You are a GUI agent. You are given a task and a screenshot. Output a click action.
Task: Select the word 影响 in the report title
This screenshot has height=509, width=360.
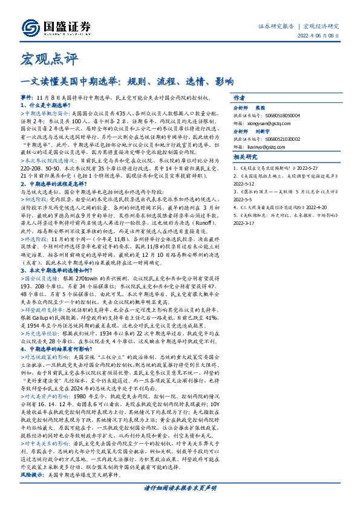click(x=224, y=80)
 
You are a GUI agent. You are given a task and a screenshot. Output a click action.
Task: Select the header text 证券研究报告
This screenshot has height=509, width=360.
click(x=276, y=26)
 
